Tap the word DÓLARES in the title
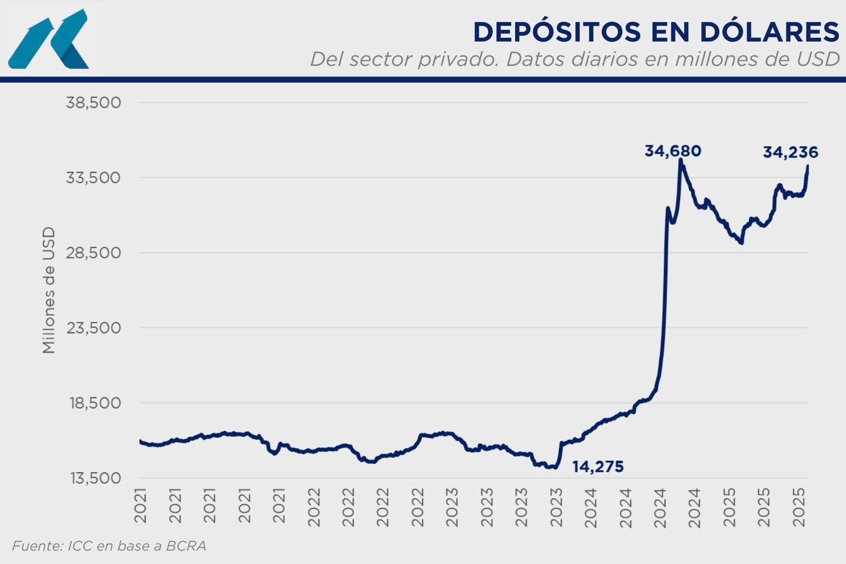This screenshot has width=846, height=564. click(x=769, y=32)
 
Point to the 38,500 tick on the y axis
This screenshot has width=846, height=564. click(x=93, y=102)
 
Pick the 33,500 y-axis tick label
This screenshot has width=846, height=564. click(x=93, y=178)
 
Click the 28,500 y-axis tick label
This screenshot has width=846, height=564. click(x=93, y=253)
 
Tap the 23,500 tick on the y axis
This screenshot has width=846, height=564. click(x=93, y=328)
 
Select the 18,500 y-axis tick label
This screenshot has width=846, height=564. click(x=95, y=403)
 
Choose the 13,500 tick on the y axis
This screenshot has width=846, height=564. click(x=95, y=478)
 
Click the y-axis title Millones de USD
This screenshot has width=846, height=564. click(x=49, y=290)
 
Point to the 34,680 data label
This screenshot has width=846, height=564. click(x=673, y=151)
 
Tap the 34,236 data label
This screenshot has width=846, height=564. click(x=790, y=152)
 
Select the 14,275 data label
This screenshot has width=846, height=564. click(x=598, y=467)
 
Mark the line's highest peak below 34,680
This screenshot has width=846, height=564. click(x=680, y=160)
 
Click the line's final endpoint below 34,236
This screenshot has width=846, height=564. click(x=807, y=166)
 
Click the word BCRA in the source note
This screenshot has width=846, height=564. click(x=186, y=546)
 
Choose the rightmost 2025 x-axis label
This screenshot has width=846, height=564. click(x=799, y=507)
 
